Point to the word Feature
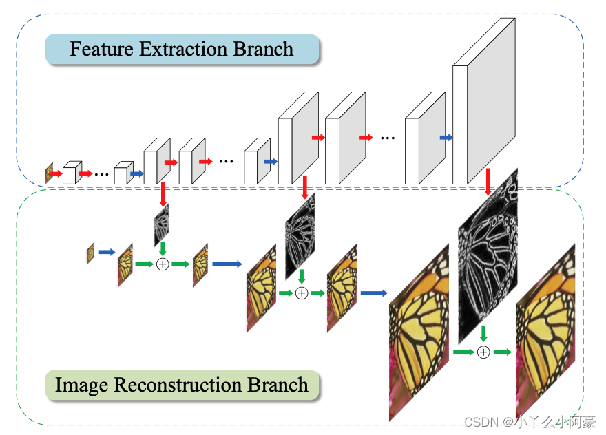point(100,50)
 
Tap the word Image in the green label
point(81,385)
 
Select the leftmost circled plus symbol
point(163,264)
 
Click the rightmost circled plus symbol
point(483,352)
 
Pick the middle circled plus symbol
point(301,293)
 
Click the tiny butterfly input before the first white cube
point(50,173)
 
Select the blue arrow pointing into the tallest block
point(446,138)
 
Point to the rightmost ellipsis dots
point(388,138)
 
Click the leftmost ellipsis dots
point(102,174)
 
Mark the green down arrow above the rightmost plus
point(483,334)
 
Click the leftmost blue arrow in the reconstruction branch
point(106,253)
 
